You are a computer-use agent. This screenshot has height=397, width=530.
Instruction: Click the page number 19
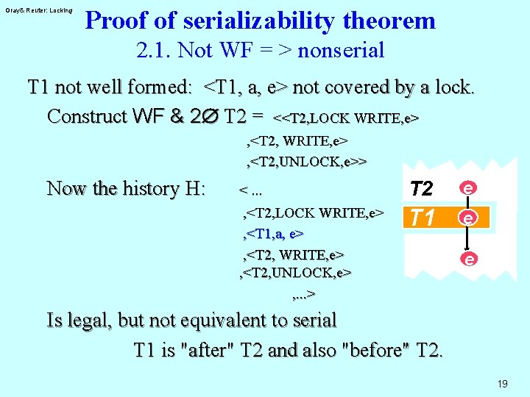click(503, 384)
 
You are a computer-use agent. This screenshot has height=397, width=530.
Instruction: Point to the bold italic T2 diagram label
click(421, 190)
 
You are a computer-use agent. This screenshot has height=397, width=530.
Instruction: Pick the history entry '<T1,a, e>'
click(274, 233)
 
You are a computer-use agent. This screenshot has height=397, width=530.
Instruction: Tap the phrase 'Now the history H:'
click(126, 189)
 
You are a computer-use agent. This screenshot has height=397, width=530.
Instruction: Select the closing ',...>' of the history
click(304, 295)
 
